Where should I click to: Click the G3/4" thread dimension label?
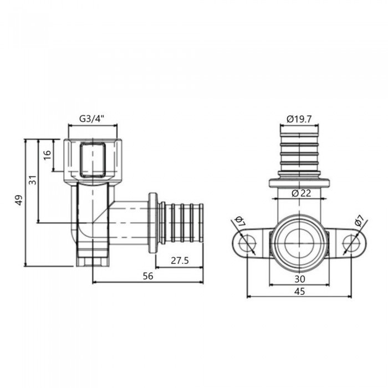click(x=91, y=118)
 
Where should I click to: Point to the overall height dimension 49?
click(x=19, y=201)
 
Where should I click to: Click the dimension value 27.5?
click(x=178, y=259)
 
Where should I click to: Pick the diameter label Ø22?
click(x=300, y=193)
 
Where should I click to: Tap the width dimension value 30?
click(x=300, y=278)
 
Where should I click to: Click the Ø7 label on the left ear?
click(x=240, y=222)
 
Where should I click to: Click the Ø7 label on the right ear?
click(x=359, y=222)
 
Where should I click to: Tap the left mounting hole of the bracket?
click(x=248, y=242)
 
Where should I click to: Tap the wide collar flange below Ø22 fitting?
click(x=300, y=182)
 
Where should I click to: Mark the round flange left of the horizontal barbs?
click(x=152, y=222)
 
